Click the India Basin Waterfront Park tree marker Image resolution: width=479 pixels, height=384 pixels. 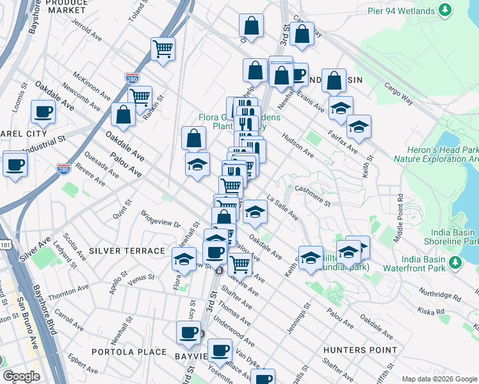[455, 263]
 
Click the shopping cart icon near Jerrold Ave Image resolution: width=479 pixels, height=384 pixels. [163, 49]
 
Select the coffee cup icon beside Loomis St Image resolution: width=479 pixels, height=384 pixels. [44, 112]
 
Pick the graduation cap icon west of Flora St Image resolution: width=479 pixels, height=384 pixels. [184, 259]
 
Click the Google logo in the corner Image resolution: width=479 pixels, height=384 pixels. [21, 376]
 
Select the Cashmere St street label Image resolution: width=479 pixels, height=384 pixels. [312, 196]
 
